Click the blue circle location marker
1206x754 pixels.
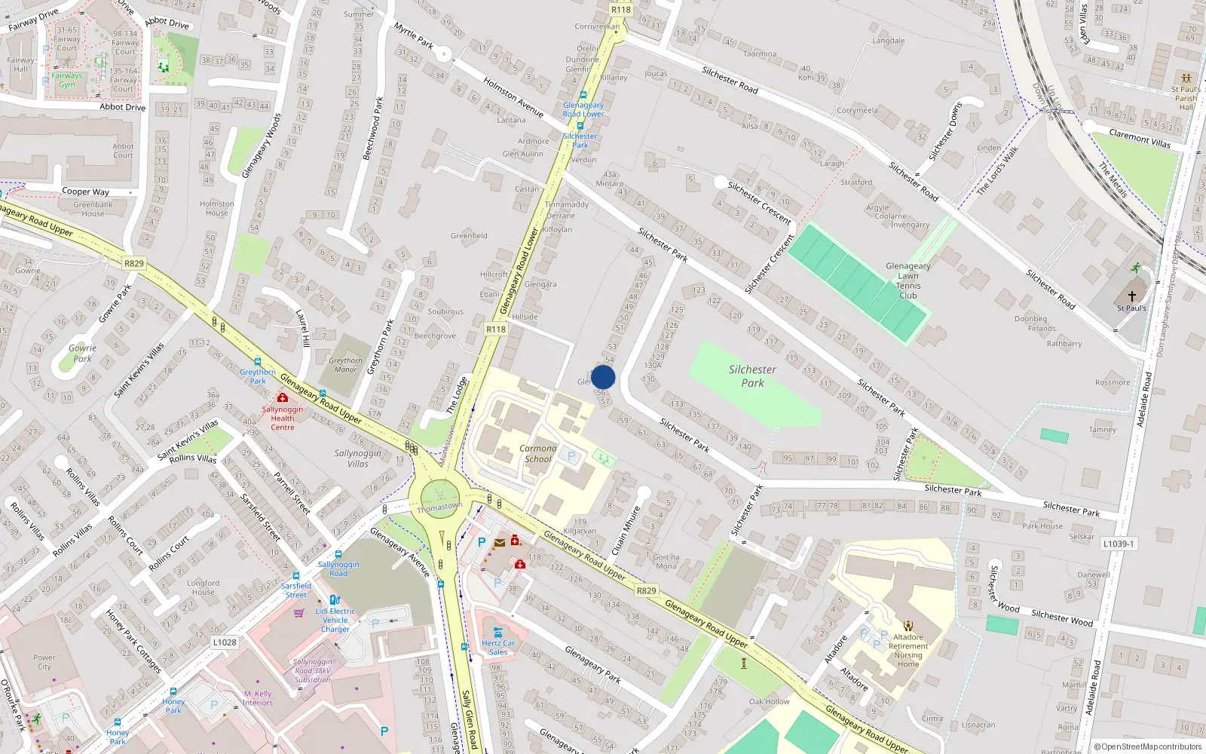603,377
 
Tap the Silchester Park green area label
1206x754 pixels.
751,375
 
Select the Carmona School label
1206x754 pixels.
538,453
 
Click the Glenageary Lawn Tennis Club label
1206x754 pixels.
908,280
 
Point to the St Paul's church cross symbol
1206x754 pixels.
1131,296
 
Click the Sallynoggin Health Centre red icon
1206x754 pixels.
283,397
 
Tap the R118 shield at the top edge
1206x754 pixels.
620,9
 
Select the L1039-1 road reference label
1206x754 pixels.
1118,544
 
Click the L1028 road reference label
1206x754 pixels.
225,642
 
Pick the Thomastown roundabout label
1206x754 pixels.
439,507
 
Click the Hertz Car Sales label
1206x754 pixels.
498,648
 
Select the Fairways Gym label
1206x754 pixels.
67,80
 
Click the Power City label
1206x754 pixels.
44,662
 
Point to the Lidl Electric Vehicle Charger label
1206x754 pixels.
335,620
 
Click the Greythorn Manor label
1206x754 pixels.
345,365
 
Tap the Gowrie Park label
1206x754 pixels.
82,353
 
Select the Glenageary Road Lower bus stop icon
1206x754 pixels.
583,95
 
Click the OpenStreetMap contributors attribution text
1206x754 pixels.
1148,747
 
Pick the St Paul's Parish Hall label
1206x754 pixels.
1186,98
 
